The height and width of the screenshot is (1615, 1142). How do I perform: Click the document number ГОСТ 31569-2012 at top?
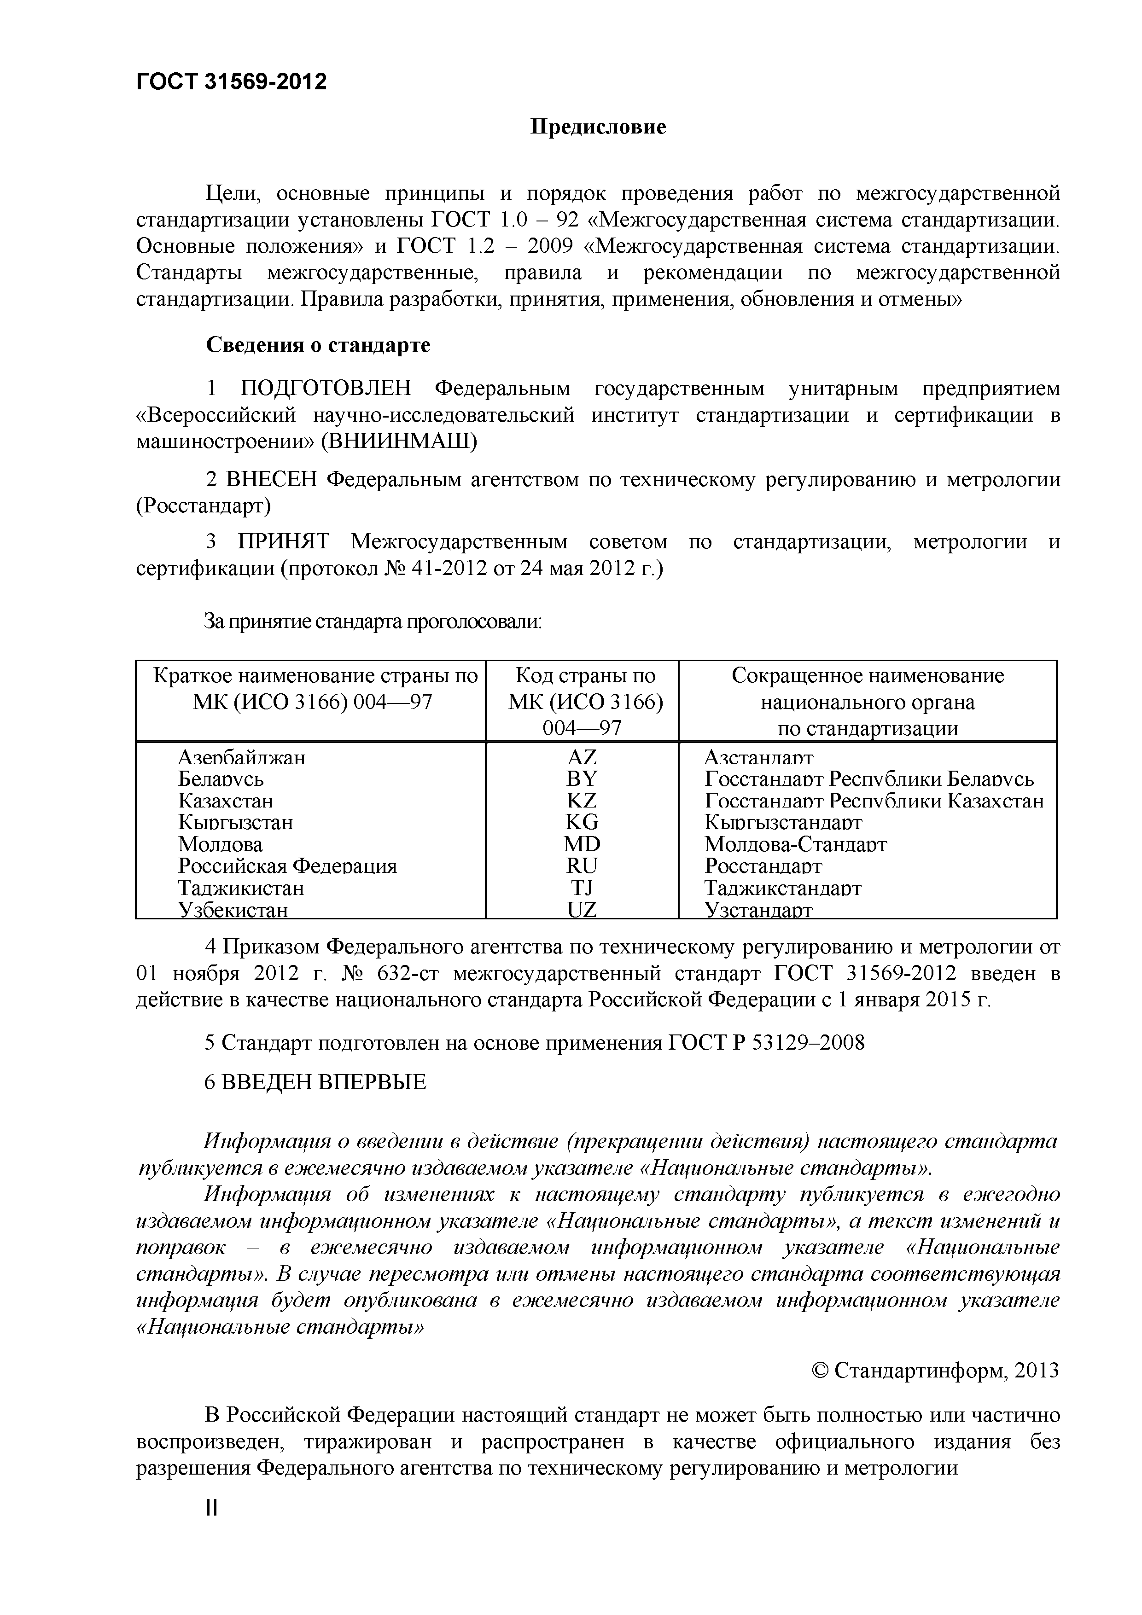click(x=232, y=82)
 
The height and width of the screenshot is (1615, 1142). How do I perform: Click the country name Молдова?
click(x=220, y=844)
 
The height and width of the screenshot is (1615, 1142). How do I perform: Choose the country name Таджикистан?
click(x=241, y=888)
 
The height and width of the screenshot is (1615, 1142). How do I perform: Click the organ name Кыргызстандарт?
click(x=782, y=822)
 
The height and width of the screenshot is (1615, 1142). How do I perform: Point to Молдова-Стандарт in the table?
click(x=795, y=844)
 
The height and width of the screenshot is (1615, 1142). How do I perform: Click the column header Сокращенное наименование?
click(x=868, y=676)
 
